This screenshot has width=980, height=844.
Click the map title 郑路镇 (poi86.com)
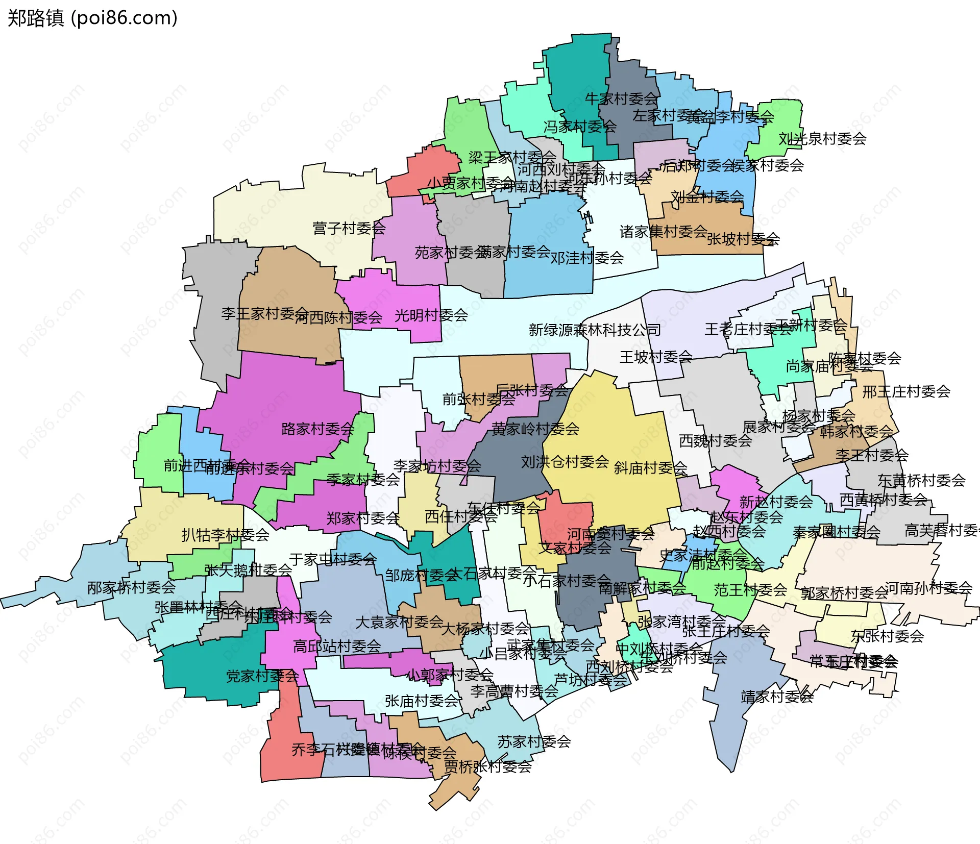pyautogui.click(x=92, y=18)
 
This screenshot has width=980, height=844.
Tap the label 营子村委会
pyautogui.click(x=349, y=228)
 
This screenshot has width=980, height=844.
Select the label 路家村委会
pyautogui.click(x=317, y=429)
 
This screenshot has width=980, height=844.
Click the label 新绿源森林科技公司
pyautogui.click(x=595, y=330)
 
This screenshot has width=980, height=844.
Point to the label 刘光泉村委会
pyautogui.click(x=822, y=139)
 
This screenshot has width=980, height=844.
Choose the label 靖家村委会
pyautogui.click(x=777, y=697)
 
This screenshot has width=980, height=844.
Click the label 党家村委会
pyautogui.click(x=262, y=676)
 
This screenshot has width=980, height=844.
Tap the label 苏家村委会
pyautogui.click(x=534, y=741)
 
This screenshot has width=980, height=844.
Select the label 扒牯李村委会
pyautogui.click(x=225, y=535)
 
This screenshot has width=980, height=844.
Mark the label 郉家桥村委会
pyautogui.click(x=131, y=587)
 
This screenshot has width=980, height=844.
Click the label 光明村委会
pyautogui.click(x=431, y=315)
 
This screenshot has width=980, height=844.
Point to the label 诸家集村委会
pyautogui.click(x=663, y=232)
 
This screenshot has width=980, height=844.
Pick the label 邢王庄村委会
pyautogui.click(x=906, y=391)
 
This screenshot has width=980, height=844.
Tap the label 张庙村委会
pyautogui.click(x=422, y=701)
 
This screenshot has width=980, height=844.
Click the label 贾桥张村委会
pyautogui.click(x=487, y=766)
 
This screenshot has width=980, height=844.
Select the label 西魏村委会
pyautogui.click(x=715, y=440)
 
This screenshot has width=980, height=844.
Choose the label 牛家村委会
pyautogui.click(x=621, y=98)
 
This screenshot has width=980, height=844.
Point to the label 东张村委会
pyautogui.click(x=887, y=636)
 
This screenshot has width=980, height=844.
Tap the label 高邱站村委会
pyautogui.click(x=337, y=646)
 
